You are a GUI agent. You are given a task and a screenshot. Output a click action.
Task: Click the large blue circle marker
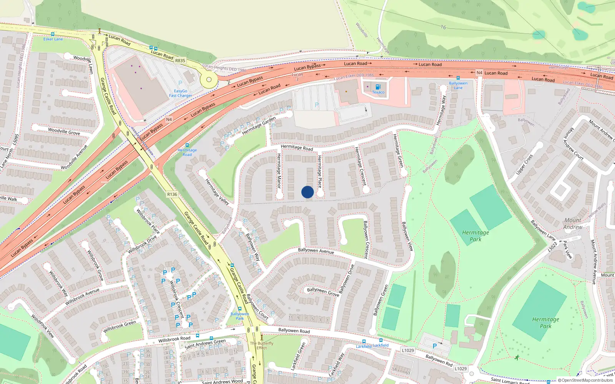tap(307, 192)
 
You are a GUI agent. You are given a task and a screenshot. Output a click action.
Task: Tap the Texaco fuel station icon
tap(378, 87)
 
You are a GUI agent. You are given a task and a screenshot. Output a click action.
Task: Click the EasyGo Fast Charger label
tap(180, 93)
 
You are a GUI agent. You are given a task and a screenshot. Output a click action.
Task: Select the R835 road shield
tap(180, 61)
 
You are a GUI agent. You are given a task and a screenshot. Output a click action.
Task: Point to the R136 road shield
tap(172, 194)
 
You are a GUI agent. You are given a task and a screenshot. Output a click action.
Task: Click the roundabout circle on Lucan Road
tap(209, 80)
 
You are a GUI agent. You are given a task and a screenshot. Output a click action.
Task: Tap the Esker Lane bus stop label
tap(53, 39)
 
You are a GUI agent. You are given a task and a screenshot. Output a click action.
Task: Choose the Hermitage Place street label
tap(319, 172)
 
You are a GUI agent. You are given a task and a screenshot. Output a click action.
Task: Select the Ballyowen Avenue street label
tap(316, 251)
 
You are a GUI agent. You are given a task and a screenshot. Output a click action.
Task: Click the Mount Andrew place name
tap(573, 223)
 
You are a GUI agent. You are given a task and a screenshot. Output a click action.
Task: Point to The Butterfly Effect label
tap(262, 346)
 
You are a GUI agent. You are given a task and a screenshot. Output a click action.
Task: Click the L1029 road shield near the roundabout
tap(460, 369)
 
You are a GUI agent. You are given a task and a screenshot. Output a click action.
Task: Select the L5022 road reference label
tap(552, 246)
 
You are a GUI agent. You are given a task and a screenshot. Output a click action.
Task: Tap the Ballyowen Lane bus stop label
tap(458, 85)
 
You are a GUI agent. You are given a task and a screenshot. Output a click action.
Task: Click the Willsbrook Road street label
tap(174, 339)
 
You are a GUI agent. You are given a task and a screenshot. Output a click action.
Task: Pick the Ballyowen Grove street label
tap(323, 292)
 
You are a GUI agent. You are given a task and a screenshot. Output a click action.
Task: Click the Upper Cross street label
tap(524, 164)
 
